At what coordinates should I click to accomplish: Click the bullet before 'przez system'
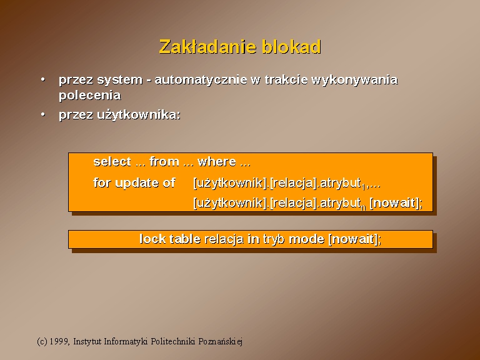pos(43,79)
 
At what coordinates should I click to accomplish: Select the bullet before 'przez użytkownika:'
pos(43,114)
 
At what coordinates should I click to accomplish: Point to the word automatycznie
pos(201,80)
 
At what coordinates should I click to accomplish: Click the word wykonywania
pos(354,80)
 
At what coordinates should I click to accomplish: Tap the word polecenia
pos(90,95)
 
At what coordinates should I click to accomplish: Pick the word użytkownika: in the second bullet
pos(139,115)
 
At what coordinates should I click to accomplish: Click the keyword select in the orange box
pos(112,161)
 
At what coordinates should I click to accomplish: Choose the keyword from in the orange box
pos(164,162)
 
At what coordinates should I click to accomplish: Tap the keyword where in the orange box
pos(217,162)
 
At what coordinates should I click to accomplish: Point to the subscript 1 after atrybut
pos(363,187)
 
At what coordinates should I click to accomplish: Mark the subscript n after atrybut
pos(363,207)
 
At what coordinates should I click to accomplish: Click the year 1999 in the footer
pos(59,341)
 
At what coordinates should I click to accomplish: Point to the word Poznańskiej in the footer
pos(221,342)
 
